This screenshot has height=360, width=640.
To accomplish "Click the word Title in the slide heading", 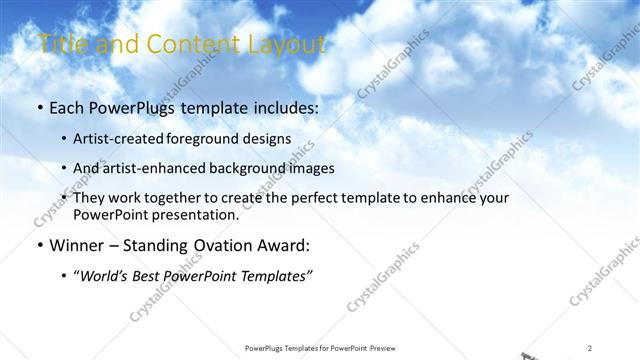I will tap(59, 44).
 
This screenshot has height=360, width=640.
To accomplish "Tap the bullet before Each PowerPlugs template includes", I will tap(39, 106).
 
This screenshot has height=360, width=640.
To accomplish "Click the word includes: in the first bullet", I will tap(283, 106).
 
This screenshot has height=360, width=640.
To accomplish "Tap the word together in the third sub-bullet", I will tap(187, 198).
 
